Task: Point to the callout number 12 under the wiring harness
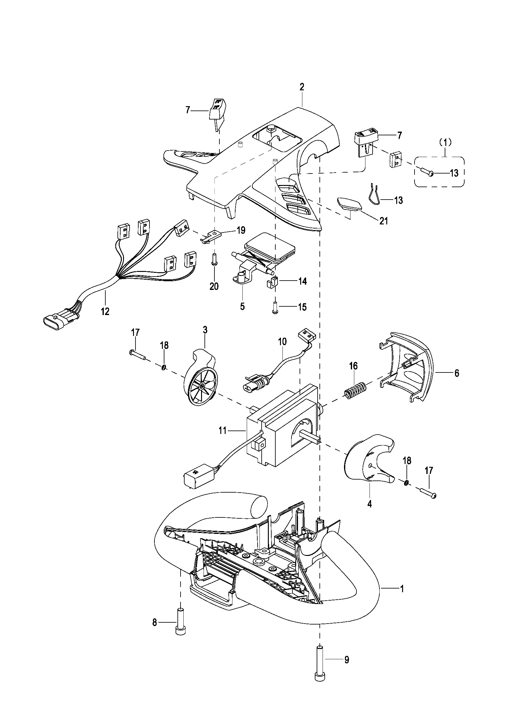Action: [x=105, y=311]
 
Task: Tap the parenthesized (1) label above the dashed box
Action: [x=445, y=142]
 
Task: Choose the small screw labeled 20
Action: [x=214, y=259]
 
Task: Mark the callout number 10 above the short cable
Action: [x=282, y=341]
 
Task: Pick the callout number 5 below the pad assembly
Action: [x=242, y=306]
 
